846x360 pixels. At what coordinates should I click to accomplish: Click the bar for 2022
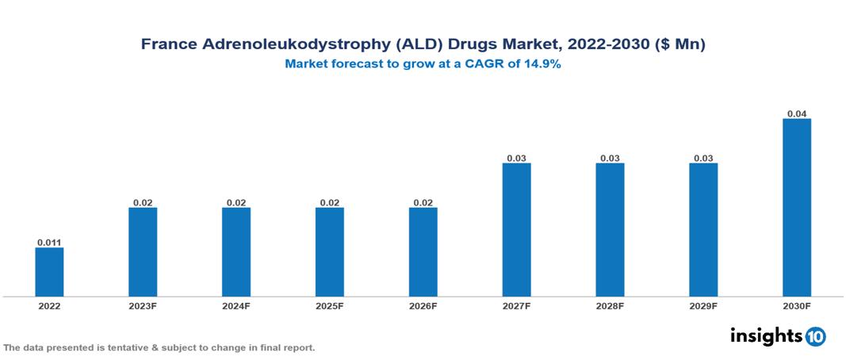pyautogui.click(x=49, y=272)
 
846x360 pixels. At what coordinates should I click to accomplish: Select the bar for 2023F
pyautogui.click(x=143, y=252)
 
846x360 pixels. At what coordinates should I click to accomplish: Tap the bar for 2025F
pyautogui.click(x=329, y=252)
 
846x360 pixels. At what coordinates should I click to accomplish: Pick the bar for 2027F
pyautogui.click(x=516, y=230)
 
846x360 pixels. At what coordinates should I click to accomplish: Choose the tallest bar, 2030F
pyautogui.click(x=797, y=208)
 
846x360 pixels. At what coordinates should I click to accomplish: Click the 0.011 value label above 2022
pyautogui.click(x=49, y=242)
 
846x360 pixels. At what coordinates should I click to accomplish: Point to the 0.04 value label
pyautogui.click(x=797, y=113)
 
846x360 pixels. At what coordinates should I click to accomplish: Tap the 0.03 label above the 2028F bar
pyautogui.click(x=610, y=158)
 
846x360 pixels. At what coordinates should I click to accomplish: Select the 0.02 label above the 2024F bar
pyautogui.click(x=236, y=202)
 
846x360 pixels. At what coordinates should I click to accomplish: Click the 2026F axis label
pyautogui.click(x=423, y=305)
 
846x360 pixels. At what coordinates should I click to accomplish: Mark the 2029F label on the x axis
pyautogui.click(x=703, y=305)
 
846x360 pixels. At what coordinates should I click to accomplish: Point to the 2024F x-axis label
pyautogui.click(x=236, y=305)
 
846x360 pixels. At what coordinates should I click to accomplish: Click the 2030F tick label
pyautogui.click(x=797, y=305)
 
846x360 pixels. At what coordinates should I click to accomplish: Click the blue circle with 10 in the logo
pyautogui.click(x=815, y=336)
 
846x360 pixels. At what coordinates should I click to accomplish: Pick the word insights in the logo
pyautogui.click(x=765, y=335)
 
